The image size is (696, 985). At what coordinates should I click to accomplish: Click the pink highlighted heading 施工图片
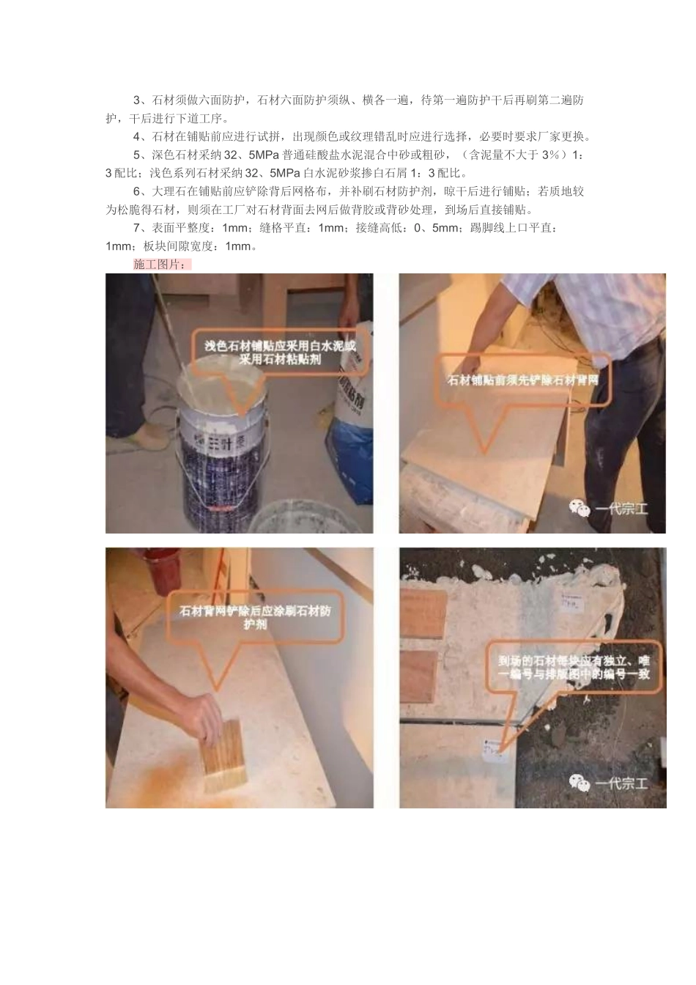point(162,265)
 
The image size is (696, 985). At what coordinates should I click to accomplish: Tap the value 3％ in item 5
point(550,155)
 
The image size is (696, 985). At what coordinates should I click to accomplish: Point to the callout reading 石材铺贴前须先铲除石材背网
point(522,380)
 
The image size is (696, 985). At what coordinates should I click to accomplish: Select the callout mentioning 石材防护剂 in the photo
point(255,616)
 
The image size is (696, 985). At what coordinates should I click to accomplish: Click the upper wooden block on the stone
point(423,613)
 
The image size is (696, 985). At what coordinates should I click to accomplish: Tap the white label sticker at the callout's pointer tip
point(492,748)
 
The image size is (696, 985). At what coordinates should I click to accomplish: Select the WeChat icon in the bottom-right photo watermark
point(580,783)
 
